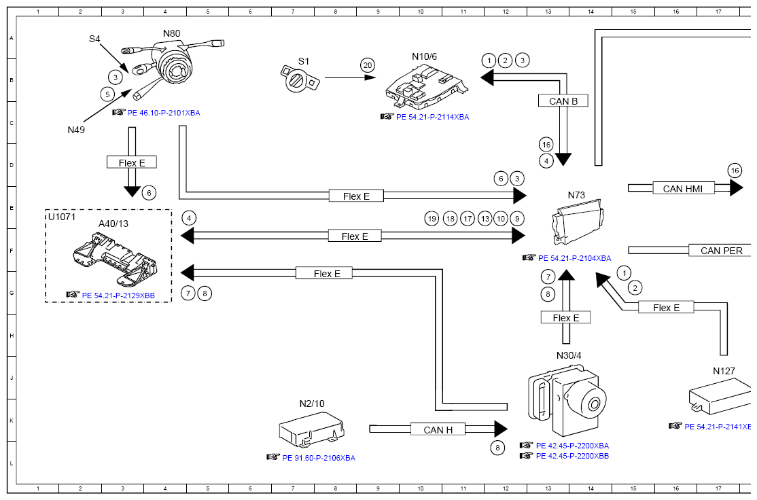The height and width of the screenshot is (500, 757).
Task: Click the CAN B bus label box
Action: (563, 101)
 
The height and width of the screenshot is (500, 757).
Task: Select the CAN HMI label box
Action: (683, 188)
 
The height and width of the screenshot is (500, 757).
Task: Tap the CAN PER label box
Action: (721, 250)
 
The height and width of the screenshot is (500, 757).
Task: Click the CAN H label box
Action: (438, 429)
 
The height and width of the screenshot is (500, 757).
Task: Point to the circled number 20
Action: (368, 65)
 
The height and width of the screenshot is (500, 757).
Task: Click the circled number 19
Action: (432, 219)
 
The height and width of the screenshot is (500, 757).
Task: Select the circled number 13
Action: (485, 219)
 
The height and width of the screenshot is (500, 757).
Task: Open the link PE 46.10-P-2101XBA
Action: (164, 113)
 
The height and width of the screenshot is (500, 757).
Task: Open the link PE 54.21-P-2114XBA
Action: (433, 117)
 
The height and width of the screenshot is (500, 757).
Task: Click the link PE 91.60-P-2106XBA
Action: (319, 458)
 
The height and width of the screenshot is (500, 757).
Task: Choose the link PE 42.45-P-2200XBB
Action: (572, 456)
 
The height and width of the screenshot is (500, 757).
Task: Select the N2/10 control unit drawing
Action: (311, 429)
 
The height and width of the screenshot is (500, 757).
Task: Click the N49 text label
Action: (76, 129)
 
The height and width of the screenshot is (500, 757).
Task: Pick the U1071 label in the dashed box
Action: (62, 217)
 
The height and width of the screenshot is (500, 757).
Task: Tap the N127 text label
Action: (724, 371)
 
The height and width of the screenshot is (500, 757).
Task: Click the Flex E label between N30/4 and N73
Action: (566, 317)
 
